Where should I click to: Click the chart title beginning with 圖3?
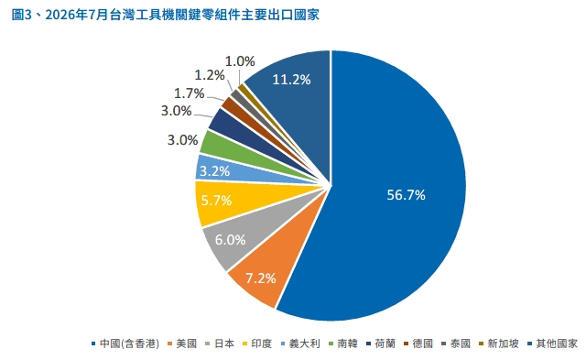tap(166, 15)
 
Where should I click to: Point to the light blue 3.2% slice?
tap(221, 170)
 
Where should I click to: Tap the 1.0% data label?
tap(240, 61)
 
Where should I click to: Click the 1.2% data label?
tap(210, 75)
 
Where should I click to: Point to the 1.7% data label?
tap(190, 93)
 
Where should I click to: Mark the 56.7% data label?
tap(406, 195)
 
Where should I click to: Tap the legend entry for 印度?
tap(257, 344)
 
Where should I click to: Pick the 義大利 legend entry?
tap(300, 344)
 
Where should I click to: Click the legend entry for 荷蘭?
tap(381, 344)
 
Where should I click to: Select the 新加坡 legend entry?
tap(499, 344)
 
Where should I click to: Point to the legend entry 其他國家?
tap(552, 344)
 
